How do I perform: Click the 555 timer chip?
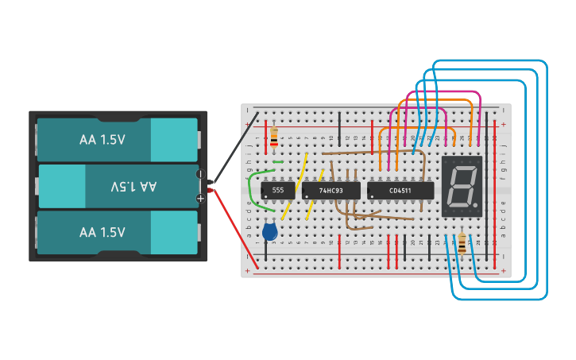pos(277,191)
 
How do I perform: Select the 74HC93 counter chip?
pos(331,191)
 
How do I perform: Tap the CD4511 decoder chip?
pos(400,191)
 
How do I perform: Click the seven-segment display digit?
pos(462,186)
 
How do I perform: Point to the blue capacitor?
pos(270,231)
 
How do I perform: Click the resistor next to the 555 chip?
pos(274,137)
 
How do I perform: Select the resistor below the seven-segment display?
pos(462,243)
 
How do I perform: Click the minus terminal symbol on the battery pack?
pos(200,174)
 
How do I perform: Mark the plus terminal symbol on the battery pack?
pos(200,198)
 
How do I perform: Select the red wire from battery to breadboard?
pos(235,230)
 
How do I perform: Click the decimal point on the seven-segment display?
pos(477,205)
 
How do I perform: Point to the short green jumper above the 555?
pos(277,162)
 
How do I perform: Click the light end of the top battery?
pos(173,140)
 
